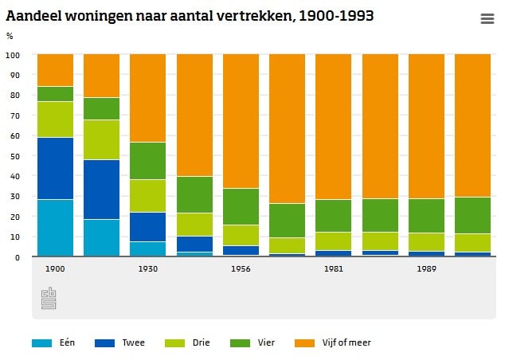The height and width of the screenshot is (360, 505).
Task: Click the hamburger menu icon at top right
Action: click(x=487, y=19)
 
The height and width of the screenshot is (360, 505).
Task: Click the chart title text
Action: click(x=190, y=16)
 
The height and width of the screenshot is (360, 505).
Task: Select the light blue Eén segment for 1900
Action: click(x=55, y=228)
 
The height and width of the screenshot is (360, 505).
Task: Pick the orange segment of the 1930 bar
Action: click(x=147, y=98)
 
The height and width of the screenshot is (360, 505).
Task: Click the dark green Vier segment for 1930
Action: click(x=147, y=161)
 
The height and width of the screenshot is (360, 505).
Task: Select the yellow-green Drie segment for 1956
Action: click(x=241, y=235)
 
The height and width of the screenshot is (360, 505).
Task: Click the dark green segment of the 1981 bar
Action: click(x=333, y=215)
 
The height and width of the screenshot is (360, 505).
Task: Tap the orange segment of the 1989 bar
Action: click(x=426, y=126)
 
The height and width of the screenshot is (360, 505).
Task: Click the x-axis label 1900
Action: click(x=55, y=269)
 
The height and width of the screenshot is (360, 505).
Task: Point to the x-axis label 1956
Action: click(x=241, y=269)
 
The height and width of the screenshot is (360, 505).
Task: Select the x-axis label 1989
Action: click(x=426, y=269)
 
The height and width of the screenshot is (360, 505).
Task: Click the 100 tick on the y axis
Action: click(x=12, y=55)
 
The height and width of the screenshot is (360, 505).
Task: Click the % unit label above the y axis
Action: click(x=10, y=36)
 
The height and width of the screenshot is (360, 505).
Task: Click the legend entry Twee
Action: click(x=134, y=343)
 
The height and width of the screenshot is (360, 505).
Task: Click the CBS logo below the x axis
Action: click(x=49, y=299)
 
